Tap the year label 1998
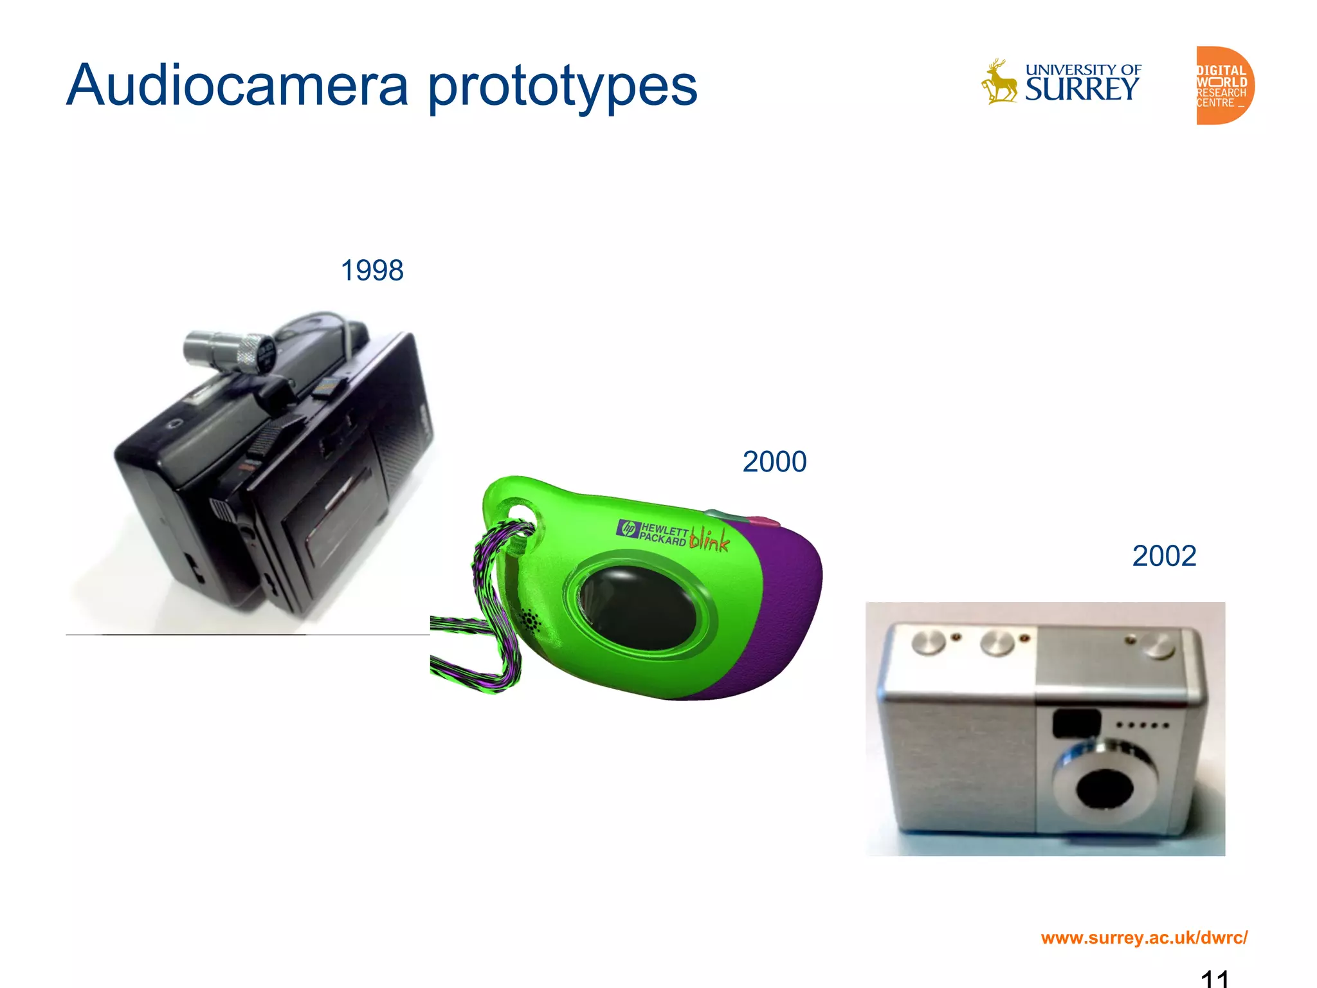pyautogui.click(x=372, y=270)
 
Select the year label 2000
pyautogui.click(x=774, y=462)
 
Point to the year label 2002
pyautogui.click(x=1164, y=556)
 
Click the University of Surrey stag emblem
pyautogui.click(x=999, y=82)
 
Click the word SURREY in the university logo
pyautogui.click(x=1082, y=89)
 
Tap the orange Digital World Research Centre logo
pyautogui.click(x=1224, y=86)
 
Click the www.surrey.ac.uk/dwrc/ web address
pyautogui.click(x=1144, y=937)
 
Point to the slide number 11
pyautogui.click(x=1215, y=978)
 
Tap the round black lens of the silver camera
pyautogui.click(x=1104, y=788)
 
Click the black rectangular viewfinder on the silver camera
pyautogui.click(x=1076, y=724)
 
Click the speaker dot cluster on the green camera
pyautogui.click(x=531, y=621)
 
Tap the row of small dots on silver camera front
pyautogui.click(x=1142, y=726)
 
